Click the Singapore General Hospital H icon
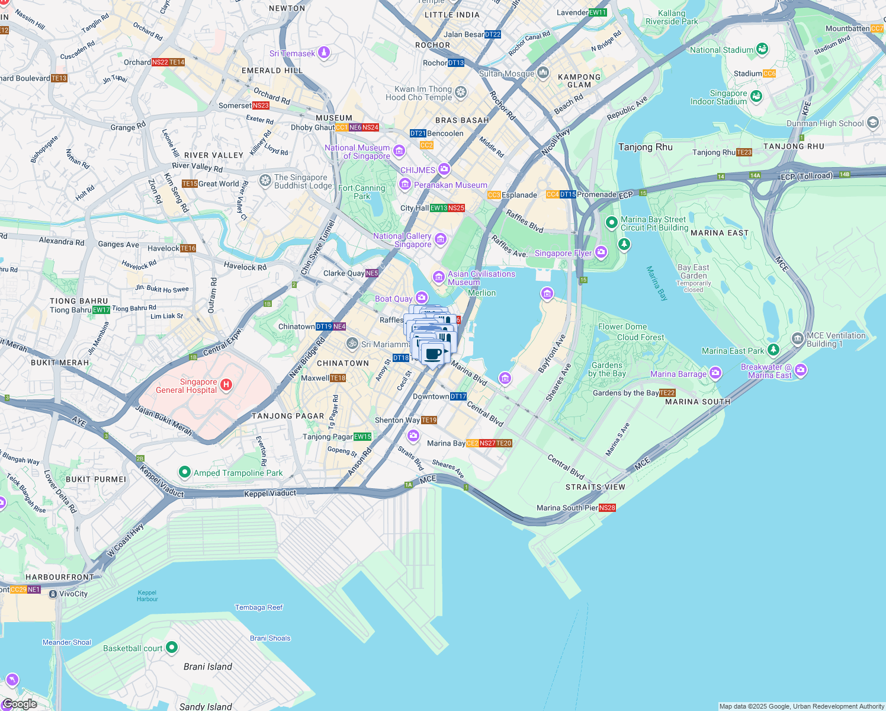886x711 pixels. point(226,385)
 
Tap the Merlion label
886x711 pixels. point(481,293)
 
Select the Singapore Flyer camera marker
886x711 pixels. point(602,253)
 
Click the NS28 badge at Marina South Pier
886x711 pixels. point(607,508)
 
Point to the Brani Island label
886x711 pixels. point(207,667)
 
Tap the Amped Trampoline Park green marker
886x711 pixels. point(184,472)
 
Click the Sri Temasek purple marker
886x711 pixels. point(324,53)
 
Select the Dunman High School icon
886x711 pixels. point(872,123)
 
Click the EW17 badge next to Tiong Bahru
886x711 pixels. point(101,310)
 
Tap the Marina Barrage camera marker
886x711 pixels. point(715,373)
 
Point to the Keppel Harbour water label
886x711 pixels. point(147,595)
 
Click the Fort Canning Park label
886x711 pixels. point(362,192)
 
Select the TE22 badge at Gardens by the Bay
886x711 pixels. point(667,393)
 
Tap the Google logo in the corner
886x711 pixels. point(20,704)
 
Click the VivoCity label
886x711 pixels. point(73,594)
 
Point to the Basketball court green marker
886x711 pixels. point(172,648)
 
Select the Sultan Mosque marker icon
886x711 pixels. point(544,73)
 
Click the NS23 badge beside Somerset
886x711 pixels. point(261,105)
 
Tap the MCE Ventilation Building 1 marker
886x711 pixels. point(797,340)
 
